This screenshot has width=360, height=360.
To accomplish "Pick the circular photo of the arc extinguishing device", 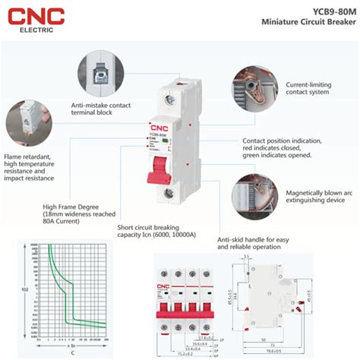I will tap(254, 191).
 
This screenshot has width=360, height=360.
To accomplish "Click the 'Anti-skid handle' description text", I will tap(254, 243).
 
